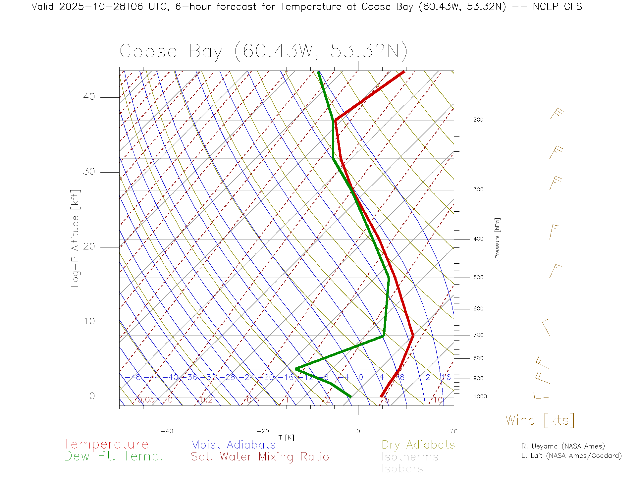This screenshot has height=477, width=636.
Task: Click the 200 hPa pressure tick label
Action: coord(478,120)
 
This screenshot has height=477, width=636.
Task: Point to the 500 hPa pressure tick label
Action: coord(478,278)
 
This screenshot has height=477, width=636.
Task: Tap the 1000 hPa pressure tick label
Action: coord(480,397)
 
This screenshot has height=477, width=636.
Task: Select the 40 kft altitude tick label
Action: coord(89,97)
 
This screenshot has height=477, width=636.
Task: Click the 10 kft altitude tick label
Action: coord(89,321)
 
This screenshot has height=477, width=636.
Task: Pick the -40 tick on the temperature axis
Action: coord(167,431)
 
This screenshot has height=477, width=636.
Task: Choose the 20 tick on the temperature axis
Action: coord(453,431)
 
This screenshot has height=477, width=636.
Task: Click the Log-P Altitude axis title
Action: coord(76,238)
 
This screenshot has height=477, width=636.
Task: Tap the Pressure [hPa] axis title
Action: coord(497,238)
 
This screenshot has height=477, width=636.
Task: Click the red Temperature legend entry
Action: coord(106,444)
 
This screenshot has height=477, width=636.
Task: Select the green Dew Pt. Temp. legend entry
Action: coord(114,456)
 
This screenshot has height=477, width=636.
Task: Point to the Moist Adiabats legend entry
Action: coord(233,445)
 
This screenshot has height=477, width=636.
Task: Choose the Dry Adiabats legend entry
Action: coord(418,445)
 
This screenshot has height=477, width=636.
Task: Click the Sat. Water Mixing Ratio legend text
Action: coord(260,457)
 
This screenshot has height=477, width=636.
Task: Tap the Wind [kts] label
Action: coord(540,420)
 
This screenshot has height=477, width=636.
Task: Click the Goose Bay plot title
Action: coord(263,51)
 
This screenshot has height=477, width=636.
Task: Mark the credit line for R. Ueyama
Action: coord(563,446)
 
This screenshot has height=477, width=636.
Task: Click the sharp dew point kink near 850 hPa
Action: coord(296,369)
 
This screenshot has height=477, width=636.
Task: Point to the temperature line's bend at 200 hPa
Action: coord(336,120)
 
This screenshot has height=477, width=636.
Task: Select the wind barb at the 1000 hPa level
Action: coord(541,396)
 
